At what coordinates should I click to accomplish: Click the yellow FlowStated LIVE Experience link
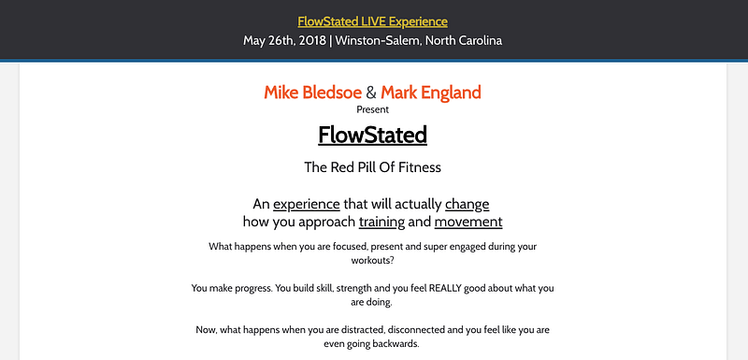click(372, 22)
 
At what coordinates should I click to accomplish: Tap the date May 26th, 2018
click(285, 40)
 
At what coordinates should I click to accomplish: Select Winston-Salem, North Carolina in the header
click(418, 40)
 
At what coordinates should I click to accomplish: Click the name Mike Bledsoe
click(312, 93)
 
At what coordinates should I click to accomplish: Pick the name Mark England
click(431, 93)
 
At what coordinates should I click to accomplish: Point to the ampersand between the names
click(371, 93)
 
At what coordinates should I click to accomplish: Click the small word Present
click(372, 109)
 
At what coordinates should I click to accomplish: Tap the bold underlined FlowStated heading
click(372, 135)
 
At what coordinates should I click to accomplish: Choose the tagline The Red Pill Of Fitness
click(372, 167)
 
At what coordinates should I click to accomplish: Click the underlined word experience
click(307, 205)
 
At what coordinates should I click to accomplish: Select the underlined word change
click(467, 205)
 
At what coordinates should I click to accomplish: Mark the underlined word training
click(381, 223)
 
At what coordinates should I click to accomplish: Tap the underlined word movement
click(468, 223)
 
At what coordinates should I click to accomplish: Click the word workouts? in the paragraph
click(372, 261)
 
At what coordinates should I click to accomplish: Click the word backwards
click(396, 344)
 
